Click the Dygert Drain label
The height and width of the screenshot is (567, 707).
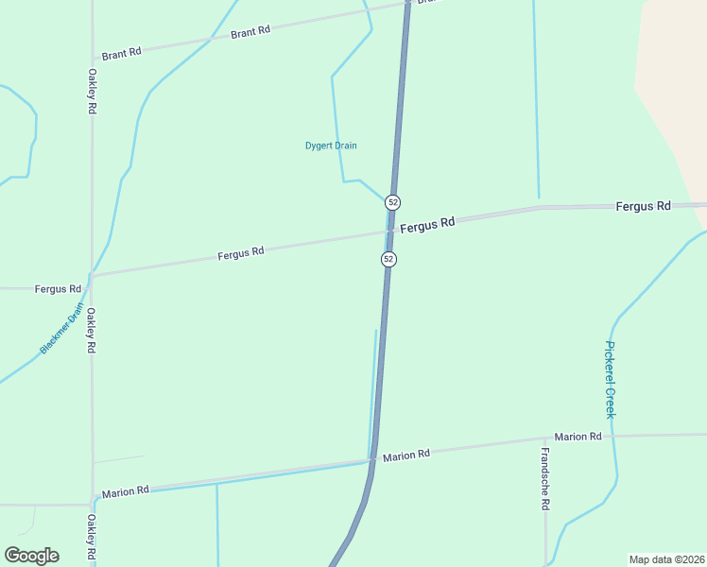331,146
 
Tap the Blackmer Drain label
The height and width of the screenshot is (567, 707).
62,329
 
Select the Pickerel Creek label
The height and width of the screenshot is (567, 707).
611,379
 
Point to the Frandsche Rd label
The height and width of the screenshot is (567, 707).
545,491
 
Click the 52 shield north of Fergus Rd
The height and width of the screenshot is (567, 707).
393,202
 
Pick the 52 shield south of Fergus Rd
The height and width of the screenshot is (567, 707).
388,259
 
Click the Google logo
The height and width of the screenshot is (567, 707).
31,556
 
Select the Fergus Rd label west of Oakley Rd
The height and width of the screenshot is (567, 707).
58,288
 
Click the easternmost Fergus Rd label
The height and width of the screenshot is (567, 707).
643,206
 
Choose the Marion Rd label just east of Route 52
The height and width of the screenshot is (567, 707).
406,455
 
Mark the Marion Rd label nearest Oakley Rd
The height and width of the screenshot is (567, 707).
125,491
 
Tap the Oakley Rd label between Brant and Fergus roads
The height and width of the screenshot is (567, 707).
93,92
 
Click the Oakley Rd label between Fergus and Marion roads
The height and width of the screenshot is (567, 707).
93,330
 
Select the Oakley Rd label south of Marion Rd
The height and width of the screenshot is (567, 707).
92,536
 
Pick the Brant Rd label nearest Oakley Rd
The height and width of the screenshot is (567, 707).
121,54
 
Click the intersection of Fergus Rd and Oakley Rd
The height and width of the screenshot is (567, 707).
91,276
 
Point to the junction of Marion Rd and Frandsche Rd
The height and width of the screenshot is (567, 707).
545,440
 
